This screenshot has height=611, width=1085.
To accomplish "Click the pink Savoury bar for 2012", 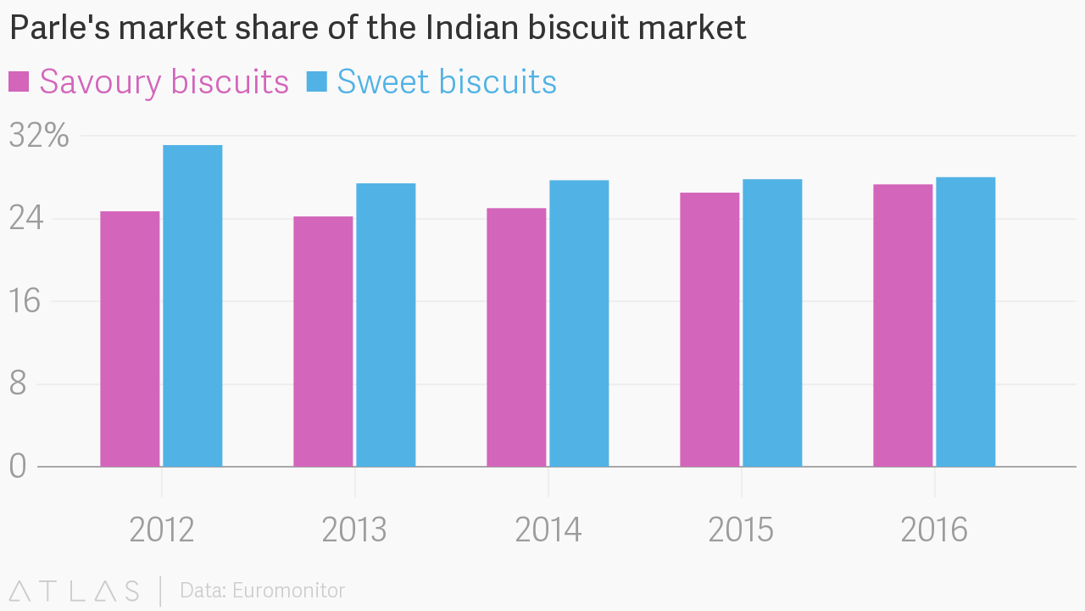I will pyautogui.click(x=130, y=339).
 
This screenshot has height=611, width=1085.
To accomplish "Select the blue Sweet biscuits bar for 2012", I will pyautogui.click(x=192, y=305).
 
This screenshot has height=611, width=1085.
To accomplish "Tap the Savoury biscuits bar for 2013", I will pyautogui.click(x=323, y=341).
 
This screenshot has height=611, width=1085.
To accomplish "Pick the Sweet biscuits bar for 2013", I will pyautogui.click(x=386, y=325).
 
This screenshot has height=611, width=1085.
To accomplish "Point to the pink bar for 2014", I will pyautogui.click(x=516, y=337).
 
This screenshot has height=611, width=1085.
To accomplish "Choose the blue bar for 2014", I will pyautogui.click(x=579, y=323).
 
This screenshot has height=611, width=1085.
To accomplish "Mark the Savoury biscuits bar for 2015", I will pyautogui.click(x=709, y=329).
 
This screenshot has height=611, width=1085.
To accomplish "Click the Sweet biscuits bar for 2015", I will pyautogui.click(x=772, y=322).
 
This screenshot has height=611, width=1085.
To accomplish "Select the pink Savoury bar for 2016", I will pyautogui.click(x=903, y=325).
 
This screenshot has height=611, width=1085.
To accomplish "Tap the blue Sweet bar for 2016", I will pyautogui.click(x=965, y=322).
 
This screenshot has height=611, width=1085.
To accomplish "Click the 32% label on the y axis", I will pyautogui.click(x=39, y=136).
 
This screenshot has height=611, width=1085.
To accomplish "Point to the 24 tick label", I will pyautogui.click(x=25, y=219).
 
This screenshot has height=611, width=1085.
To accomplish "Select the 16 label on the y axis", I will pyautogui.click(x=25, y=301).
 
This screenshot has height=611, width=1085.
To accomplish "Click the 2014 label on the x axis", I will pyautogui.click(x=548, y=530).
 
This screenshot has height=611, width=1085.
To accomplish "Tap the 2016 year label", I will pyautogui.click(x=934, y=530).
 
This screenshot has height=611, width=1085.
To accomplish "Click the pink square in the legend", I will pyautogui.click(x=19, y=81).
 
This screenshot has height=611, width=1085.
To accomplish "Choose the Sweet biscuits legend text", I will pyautogui.click(x=447, y=82).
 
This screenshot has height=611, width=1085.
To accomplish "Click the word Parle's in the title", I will pyautogui.click(x=58, y=28).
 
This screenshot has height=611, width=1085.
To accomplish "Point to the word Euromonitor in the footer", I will pyautogui.click(x=288, y=590).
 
